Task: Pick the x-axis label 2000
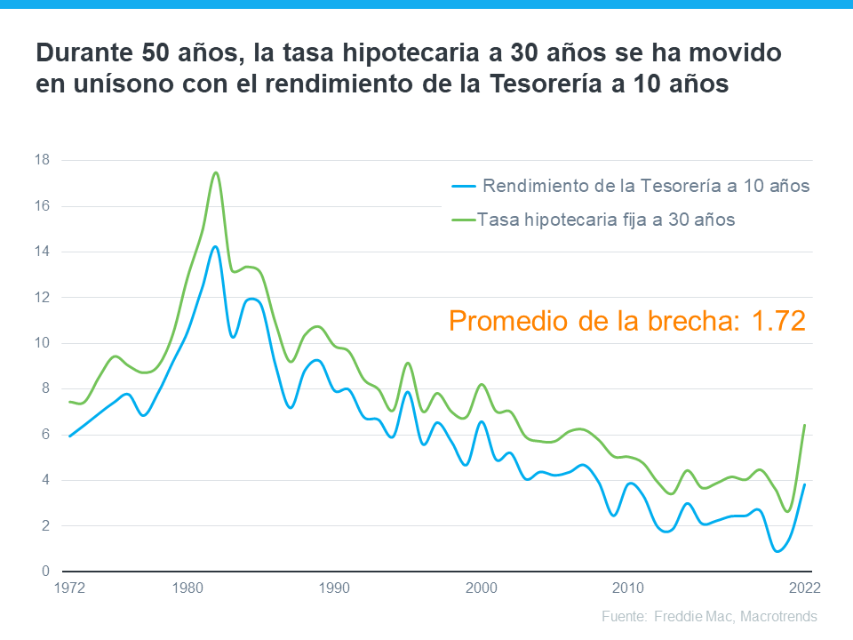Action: point(482,588)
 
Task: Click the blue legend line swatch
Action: point(463,187)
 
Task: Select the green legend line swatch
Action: point(463,220)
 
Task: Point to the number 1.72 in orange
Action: point(774,320)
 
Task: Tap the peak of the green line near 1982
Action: point(216,172)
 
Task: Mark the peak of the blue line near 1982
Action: point(215,246)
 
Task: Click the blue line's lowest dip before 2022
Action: point(778,551)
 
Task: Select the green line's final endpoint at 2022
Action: point(805,425)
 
